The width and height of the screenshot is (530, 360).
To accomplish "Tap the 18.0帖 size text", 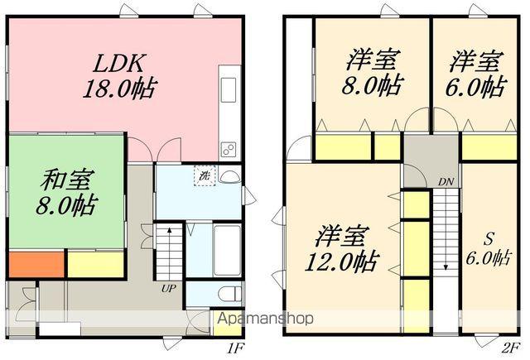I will pos(120,88).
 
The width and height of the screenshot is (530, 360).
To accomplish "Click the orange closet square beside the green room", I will pos(36,264).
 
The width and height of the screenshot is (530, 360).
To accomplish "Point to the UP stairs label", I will pos(168,289).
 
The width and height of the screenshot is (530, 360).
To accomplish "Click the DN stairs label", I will pos(446,180).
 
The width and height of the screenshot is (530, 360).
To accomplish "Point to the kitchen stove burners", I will pos(228,149).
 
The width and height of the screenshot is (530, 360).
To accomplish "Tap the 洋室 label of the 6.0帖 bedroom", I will pos(475,61).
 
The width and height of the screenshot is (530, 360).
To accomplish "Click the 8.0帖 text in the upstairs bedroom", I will pos(371,85).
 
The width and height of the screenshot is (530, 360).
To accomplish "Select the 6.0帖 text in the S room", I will pos(486,258).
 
